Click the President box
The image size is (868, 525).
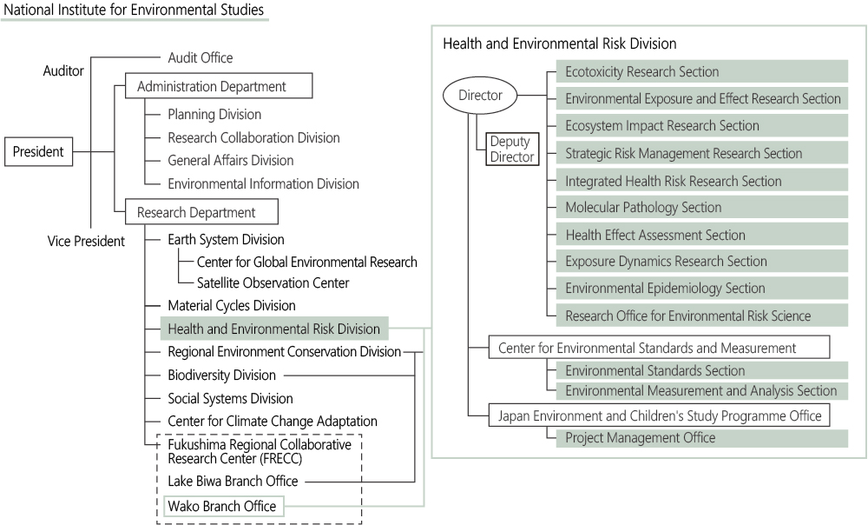[39, 151]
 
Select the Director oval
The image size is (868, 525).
[480, 96]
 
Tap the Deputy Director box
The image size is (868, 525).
[512, 150]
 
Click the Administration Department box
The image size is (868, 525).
[219, 86]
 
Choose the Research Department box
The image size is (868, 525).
[201, 212]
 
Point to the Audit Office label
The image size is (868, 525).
[201, 57]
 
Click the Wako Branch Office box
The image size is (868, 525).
[224, 506]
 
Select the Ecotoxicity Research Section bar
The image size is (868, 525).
[702, 71]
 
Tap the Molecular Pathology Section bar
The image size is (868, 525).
[702, 208]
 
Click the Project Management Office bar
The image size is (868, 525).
[702, 438]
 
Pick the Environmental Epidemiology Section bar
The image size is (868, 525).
[702, 289]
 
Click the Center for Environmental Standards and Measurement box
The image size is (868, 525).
[659, 348]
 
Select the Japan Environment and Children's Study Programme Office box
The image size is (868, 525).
[659, 415]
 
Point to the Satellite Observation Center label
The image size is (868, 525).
[273, 282]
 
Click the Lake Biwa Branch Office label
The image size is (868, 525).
[233, 482]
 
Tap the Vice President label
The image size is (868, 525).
[86, 241]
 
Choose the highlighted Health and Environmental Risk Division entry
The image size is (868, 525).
[274, 329]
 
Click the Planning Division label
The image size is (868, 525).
[214, 114]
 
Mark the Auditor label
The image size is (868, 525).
[63, 71]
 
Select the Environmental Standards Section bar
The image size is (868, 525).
[702, 370]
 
